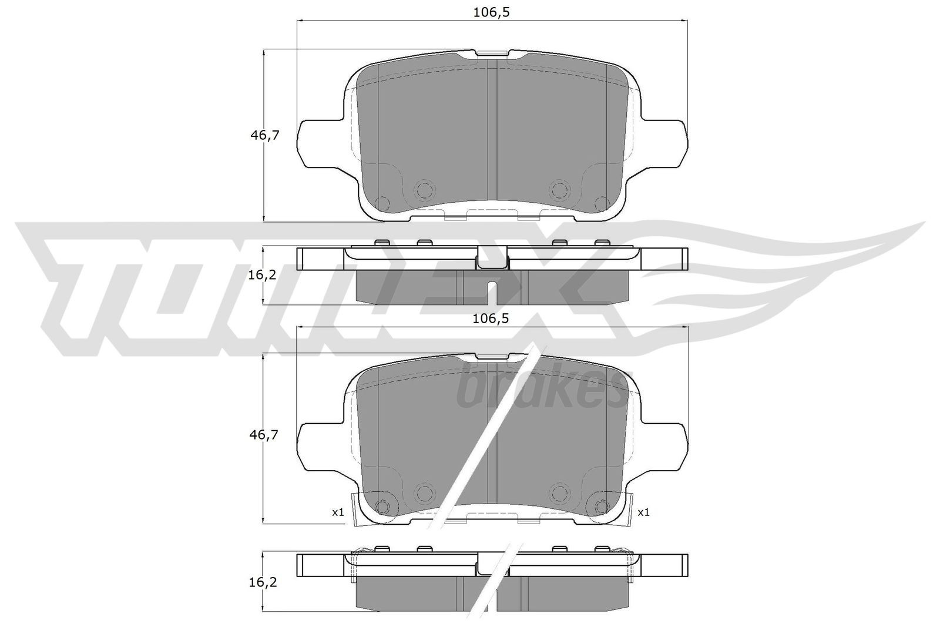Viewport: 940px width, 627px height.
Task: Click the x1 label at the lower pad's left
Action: [x=338, y=512]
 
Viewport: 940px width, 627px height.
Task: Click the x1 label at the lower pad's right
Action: [x=643, y=512]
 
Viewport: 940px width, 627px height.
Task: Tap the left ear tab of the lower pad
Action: [x=320, y=444]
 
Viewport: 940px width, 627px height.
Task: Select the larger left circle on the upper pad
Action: [x=424, y=189]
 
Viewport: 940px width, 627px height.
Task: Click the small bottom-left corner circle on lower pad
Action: [x=382, y=506]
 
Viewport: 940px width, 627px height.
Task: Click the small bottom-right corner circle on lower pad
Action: [x=601, y=506]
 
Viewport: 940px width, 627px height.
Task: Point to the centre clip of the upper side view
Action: [x=492, y=259]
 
